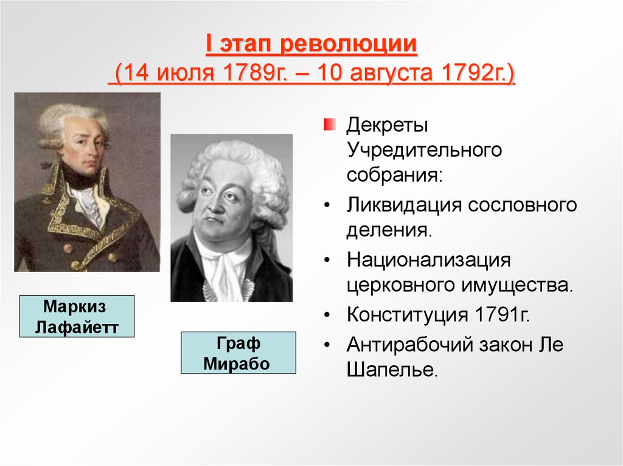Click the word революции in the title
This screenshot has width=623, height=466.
pos(348,46)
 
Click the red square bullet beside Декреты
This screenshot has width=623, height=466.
pos(329,125)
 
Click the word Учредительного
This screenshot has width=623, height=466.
pos(425,150)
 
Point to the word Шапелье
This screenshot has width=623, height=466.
pos(392,370)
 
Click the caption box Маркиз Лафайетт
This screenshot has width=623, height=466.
pos(76,317)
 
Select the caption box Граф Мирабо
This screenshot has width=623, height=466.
pos(238,353)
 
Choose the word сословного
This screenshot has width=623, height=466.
pos(522,205)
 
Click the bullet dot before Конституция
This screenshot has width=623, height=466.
pos(329,316)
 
